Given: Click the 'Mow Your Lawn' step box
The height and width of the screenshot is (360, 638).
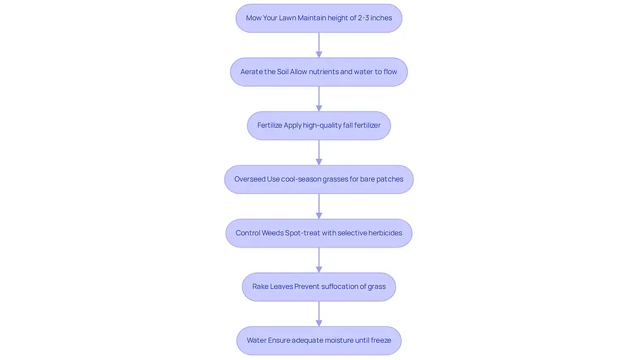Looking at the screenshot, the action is click(319, 18).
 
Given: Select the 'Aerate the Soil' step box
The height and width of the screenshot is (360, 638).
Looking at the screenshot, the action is click(319, 72).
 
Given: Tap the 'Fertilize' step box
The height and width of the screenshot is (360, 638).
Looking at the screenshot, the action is click(319, 126).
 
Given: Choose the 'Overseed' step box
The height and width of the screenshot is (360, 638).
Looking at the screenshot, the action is click(319, 180).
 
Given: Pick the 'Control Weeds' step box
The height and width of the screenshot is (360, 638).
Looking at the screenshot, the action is click(319, 233).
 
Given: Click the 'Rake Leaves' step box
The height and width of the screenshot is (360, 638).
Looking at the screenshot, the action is click(319, 287).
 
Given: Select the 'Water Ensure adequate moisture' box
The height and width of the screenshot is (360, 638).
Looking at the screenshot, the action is click(319, 340).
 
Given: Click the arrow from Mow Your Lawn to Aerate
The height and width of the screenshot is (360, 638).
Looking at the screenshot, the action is click(319, 45).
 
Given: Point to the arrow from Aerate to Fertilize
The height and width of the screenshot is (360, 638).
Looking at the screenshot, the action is click(319, 99).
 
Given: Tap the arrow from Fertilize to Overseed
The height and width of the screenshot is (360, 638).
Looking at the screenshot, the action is click(319, 152).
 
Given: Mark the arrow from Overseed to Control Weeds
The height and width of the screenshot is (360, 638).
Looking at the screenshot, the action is click(319, 206).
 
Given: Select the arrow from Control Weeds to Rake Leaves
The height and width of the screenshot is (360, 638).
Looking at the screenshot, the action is click(319, 260).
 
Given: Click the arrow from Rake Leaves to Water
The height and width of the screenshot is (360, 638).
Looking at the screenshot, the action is click(319, 314).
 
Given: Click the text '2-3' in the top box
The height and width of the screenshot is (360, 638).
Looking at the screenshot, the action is click(363, 18).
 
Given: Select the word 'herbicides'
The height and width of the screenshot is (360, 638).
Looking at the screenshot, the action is click(384, 232).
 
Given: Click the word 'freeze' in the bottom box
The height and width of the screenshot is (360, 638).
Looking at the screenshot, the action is click(380, 340).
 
